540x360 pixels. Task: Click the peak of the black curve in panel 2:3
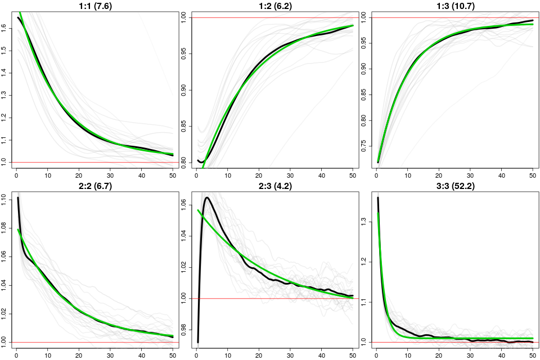tap(208, 197)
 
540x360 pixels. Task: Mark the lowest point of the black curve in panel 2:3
tap(198, 342)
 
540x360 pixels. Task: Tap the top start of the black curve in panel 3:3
tap(378, 197)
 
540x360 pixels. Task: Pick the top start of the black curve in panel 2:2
tap(18, 197)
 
